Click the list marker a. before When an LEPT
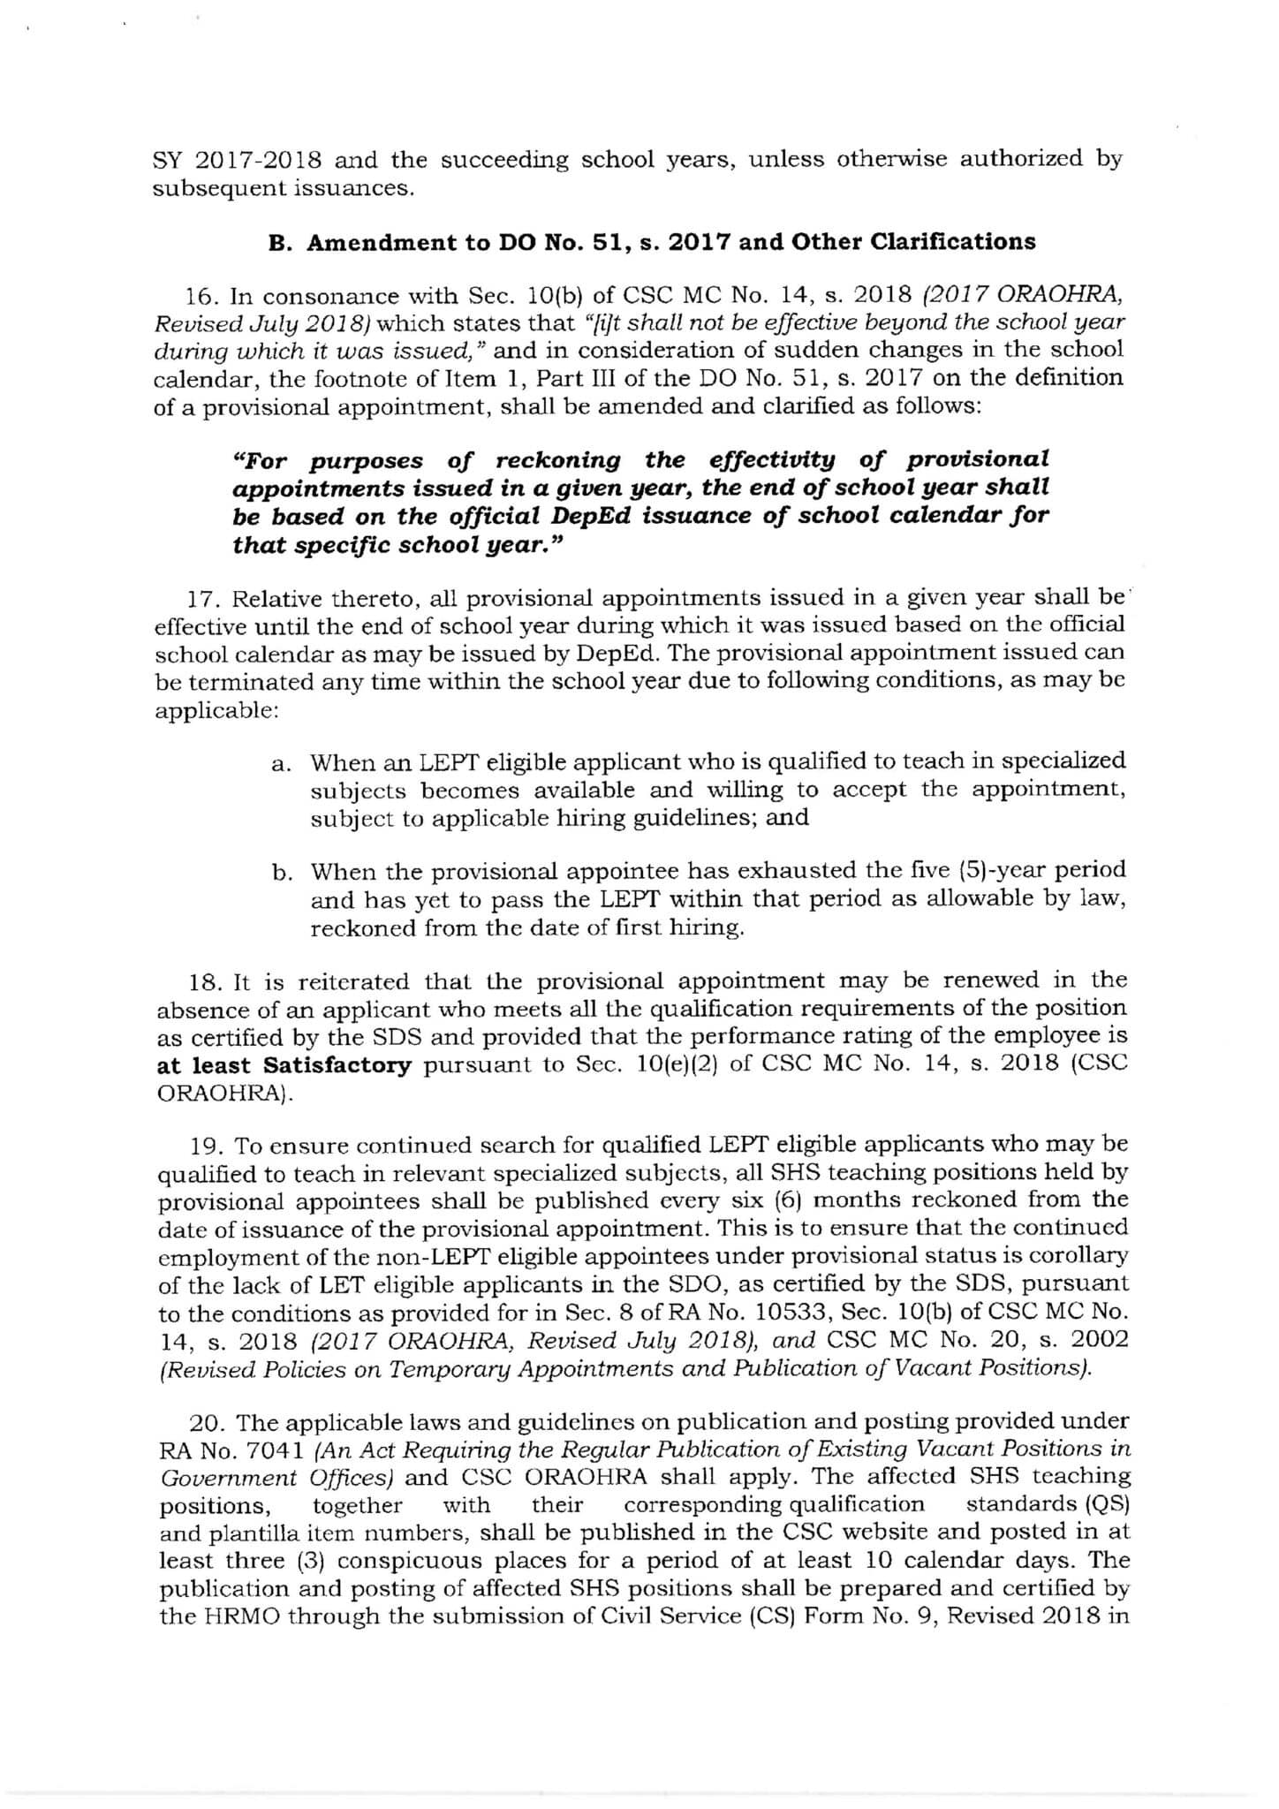[283, 763]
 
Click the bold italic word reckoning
[558, 461]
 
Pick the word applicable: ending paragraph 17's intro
[216, 711]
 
